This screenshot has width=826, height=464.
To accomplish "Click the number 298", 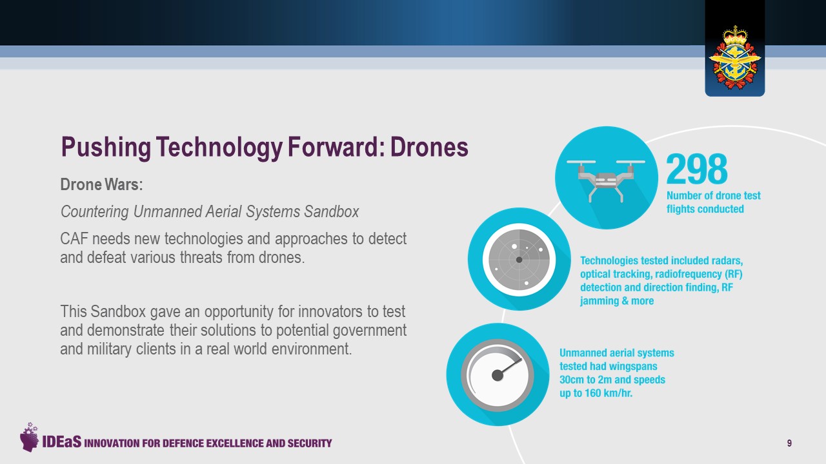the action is click(696, 169).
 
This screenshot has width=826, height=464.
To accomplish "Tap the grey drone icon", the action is click(606, 180).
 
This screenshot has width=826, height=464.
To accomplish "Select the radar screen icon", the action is click(519, 260).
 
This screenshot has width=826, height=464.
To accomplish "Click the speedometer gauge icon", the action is click(498, 375).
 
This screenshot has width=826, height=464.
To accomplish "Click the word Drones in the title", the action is click(429, 147).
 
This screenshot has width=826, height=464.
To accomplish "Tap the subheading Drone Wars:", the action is click(101, 184).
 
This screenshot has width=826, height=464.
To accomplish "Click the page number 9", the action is click(789, 443).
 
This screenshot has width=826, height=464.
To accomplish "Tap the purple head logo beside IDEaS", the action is click(29, 437).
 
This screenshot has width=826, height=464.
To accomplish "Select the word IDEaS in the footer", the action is click(61, 441).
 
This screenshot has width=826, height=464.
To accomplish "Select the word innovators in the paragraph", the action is click(330, 311).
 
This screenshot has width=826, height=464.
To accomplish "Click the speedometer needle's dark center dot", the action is click(498, 376).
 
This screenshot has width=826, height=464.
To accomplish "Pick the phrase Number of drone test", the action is click(714, 195).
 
